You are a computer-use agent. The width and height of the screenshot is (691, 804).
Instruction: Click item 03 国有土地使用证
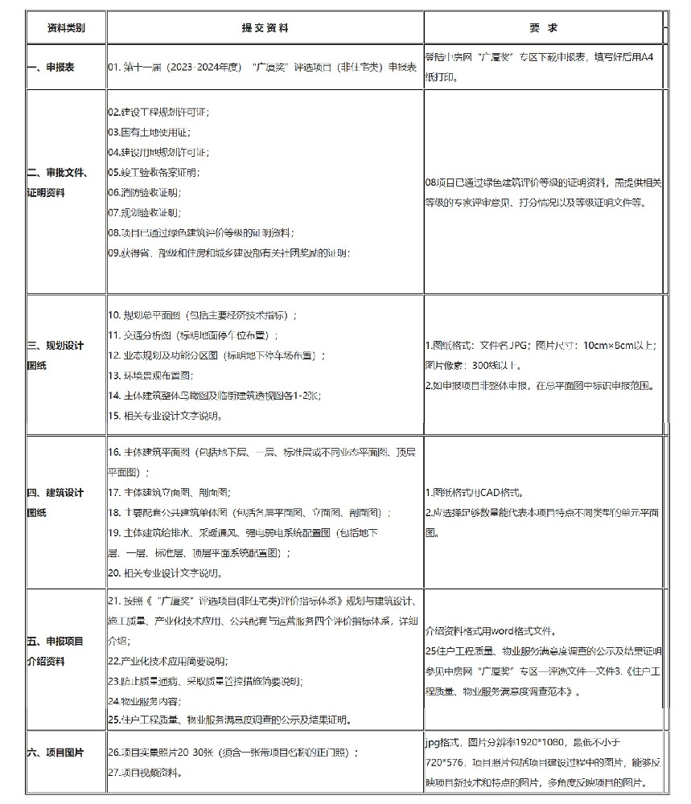pyautogui.click(x=149, y=131)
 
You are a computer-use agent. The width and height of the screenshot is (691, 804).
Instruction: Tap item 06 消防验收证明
pyautogui.click(x=146, y=193)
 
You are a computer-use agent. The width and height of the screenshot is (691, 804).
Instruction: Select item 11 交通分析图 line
pyautogui.click(x=193, y=334)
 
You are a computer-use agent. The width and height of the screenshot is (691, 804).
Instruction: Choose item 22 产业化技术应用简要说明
pyautogui.click(x=167, y=661)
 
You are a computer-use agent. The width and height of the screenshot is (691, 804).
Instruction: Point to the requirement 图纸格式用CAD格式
pyautogui.click(x=477, y=492)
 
